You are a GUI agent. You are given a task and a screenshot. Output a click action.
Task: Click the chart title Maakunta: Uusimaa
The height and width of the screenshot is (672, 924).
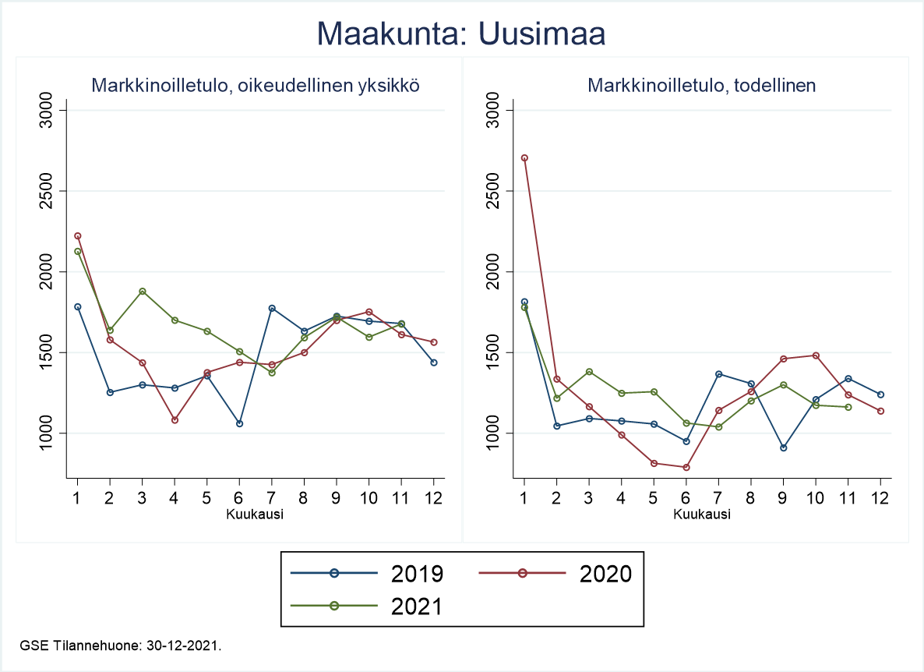(461, 34)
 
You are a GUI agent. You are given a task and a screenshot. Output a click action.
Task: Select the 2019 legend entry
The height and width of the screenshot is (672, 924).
(366, 573)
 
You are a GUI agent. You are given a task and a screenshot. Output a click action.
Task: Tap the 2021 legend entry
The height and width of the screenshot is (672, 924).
(366, 606)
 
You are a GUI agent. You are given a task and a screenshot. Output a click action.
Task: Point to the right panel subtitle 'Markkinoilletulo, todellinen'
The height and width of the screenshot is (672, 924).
(702, 86)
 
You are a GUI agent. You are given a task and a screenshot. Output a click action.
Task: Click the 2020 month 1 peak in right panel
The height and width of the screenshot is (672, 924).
(524, 157)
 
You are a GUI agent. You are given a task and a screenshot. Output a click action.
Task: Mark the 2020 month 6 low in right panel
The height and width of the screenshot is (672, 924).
(686, 467)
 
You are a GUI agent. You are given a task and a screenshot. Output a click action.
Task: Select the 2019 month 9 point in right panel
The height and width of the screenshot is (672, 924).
(783, 447)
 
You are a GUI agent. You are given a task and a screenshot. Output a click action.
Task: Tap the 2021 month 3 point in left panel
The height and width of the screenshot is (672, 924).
(142, 292)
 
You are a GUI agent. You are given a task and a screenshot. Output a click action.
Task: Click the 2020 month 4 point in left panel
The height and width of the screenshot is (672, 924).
(175, 420)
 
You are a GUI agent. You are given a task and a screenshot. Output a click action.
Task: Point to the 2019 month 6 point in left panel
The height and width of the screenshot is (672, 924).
(239, 423)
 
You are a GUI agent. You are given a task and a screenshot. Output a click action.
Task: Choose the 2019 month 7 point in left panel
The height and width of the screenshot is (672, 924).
(271, 308)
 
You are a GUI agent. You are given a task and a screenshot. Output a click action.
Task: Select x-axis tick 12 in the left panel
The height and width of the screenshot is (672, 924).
(434, 497)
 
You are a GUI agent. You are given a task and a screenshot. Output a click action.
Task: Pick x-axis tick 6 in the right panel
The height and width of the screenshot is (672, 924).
(686, 497)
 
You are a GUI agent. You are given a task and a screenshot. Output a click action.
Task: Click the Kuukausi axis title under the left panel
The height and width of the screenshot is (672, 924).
(255, 514)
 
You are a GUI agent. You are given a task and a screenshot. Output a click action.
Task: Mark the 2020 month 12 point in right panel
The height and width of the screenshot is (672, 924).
(880, 411)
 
